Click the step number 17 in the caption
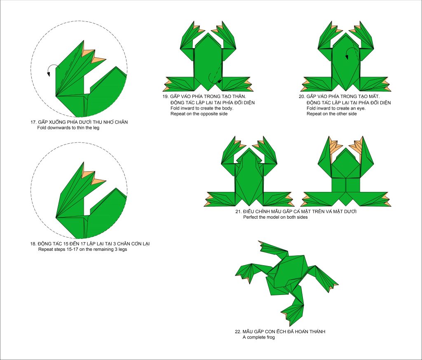point(33,122)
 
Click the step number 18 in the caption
point(33,244)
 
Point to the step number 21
point(239,212)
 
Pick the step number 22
point(238,332)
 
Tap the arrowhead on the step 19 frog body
point(220,81)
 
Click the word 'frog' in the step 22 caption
point(270,337)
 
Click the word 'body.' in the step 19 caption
point(227,108)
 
